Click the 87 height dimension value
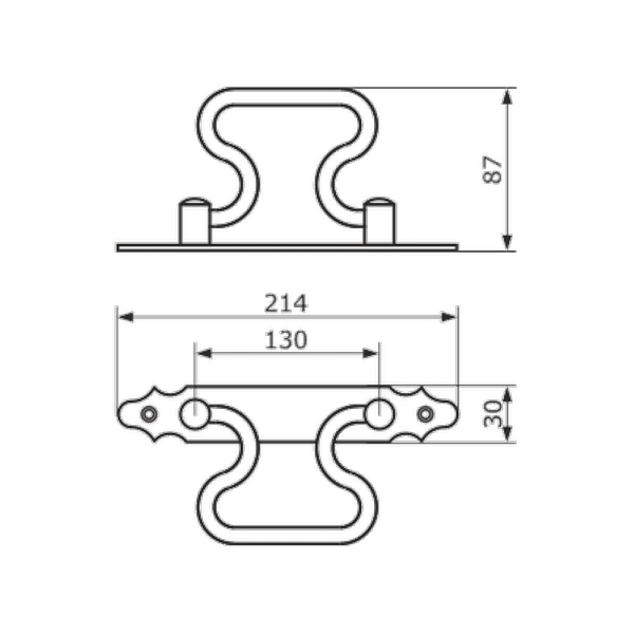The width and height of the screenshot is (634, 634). coord(493,170)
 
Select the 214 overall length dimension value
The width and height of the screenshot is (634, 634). coord(286,303)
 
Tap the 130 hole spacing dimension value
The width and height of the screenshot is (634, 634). coord(286,340)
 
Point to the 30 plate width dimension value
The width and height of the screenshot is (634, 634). coord(493,414)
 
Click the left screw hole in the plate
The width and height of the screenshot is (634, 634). coord(149,414)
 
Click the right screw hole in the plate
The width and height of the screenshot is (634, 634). coord(425,414)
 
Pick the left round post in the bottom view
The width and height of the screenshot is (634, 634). coord(195,414)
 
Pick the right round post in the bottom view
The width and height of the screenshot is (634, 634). coord(379,414)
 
